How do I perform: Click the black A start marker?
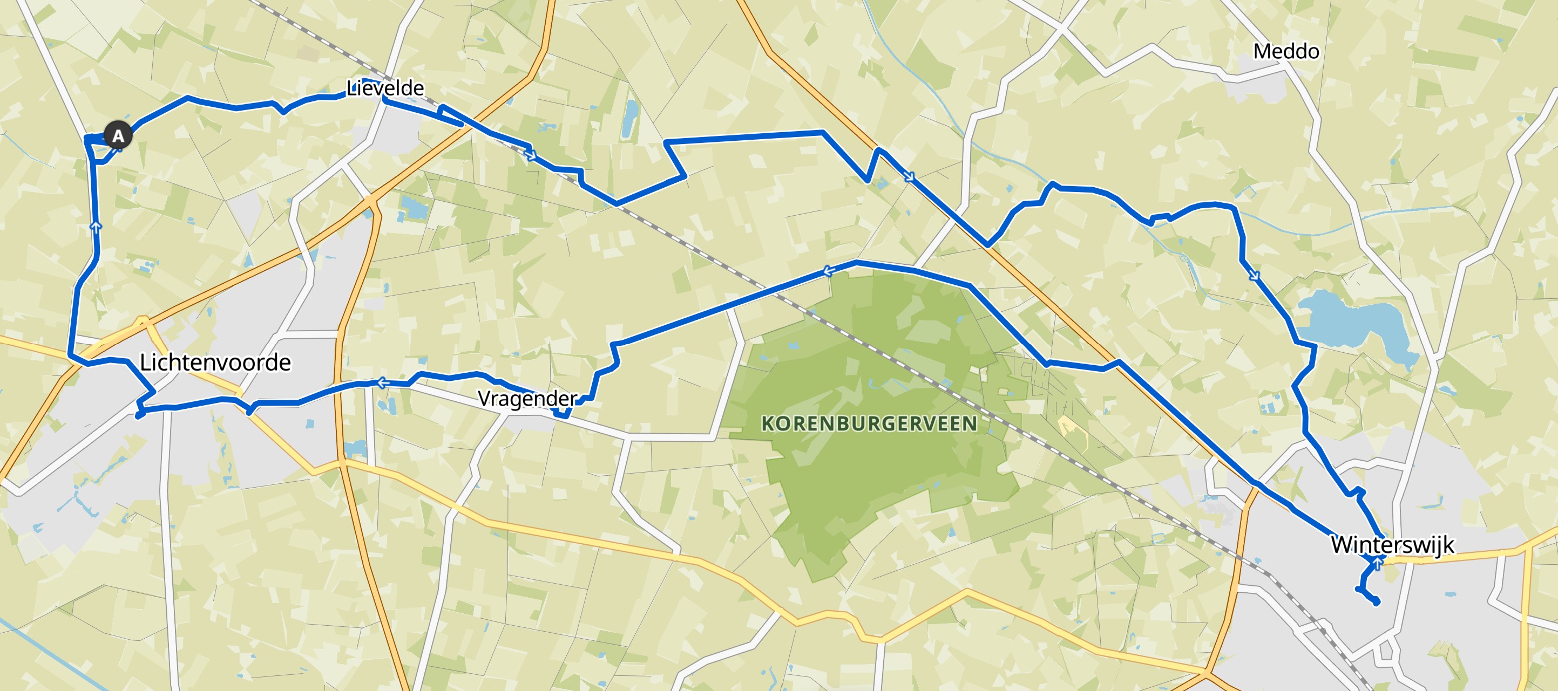[118, 135]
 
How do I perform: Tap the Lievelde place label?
[385, 88]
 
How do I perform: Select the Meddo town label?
[1286, 51]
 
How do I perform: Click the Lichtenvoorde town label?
[215, 362]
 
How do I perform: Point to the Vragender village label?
[527, 399]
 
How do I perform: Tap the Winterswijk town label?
[1392, 545]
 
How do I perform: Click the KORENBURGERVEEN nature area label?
[869, 424]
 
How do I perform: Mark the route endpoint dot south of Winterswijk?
[1377, 602]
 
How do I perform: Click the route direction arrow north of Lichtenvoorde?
[96, 226]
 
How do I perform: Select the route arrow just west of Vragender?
[382, 382]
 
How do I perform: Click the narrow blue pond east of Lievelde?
[630, 118]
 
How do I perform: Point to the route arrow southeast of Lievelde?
[531, 156]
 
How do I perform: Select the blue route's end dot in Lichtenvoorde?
[139, 415]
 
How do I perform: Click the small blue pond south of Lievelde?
[414, 207]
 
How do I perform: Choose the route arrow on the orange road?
[909, 177]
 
